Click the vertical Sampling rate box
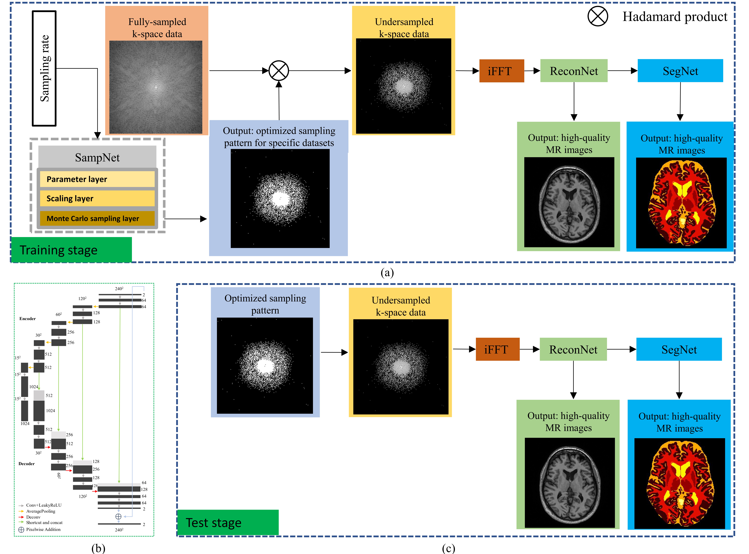tap(44, 68)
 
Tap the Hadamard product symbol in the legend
tap(598, 16)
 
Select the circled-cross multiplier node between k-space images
tap(279, 71)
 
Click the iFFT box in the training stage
tap(501, 71)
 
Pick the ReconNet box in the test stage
tap(573, 349)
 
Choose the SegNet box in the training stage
tap(680, 71)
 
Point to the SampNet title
tap(97, 157)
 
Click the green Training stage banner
tap(71, 250)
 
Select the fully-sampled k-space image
tap(156, 87)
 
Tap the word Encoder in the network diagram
tap(27, 319)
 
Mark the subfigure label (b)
tap(98, 548)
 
